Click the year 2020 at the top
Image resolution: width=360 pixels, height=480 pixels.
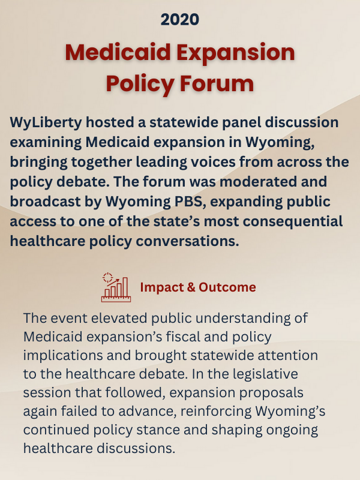pos(179,20)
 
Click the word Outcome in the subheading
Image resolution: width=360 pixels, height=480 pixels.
pos(226,287)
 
